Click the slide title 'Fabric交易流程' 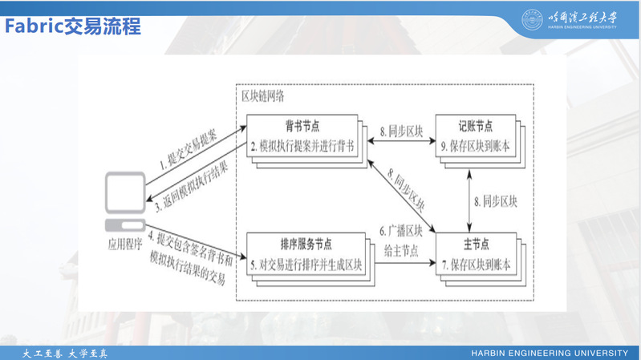pyautogui.click(x=73, y=26)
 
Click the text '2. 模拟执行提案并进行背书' pyautogui.click(x=306, y=147)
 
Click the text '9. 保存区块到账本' pyautogui.click(x=476, y=147)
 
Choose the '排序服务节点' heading pyautogui.click(x=306, y=244)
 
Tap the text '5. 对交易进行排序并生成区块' pyautogui.click(x=306, y=264)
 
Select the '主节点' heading pyautogui.click(x=476, y=244)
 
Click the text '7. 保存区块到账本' pyautogui.click(x=476, y=264)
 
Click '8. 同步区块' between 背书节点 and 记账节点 pyautogui.click(x=400, y=129)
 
